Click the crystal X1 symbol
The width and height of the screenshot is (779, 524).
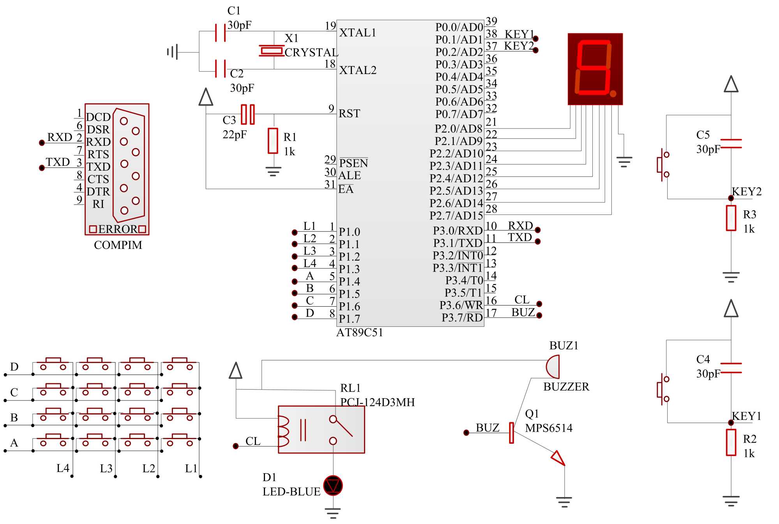272,51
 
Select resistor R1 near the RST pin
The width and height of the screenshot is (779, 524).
273,141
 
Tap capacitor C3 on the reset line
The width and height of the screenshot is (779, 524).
248,114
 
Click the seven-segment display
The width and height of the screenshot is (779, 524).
595,69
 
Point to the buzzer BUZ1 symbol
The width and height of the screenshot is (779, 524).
553,367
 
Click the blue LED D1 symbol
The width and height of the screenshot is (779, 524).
333,485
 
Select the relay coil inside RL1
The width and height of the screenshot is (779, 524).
283,431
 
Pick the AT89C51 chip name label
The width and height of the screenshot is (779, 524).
360,332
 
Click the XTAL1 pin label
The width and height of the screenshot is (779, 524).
358,33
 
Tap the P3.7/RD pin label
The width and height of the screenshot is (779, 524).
462,318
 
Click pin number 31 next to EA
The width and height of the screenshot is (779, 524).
330,184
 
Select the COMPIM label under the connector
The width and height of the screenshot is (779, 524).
118,245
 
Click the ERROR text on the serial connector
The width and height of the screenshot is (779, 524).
118,229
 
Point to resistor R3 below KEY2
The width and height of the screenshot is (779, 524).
731,218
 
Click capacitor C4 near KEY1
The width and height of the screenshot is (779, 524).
731,368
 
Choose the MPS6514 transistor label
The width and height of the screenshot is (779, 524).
549,428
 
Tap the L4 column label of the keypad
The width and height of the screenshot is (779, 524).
63,468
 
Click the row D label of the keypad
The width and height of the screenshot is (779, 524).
14,367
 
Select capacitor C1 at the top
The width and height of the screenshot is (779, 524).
220,32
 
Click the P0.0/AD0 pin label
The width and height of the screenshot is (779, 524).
459,27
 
